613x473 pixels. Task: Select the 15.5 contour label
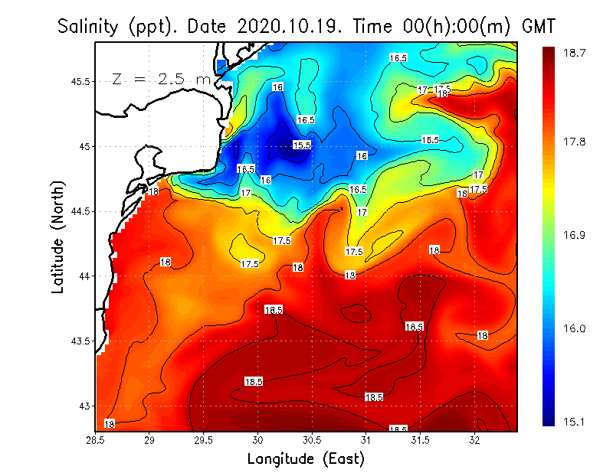pos(302,145)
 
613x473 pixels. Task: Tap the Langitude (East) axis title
pos(306,458)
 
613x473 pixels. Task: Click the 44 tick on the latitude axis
pos(84,276)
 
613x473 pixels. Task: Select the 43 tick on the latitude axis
pos(84,406)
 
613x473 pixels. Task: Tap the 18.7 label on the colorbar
pos(575,53)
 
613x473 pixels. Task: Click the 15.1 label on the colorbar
pos(575,421)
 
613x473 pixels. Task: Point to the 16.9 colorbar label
pos(575,235)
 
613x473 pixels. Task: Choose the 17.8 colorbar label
pos(575,142)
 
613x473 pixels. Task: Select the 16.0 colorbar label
pos(575,328)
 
